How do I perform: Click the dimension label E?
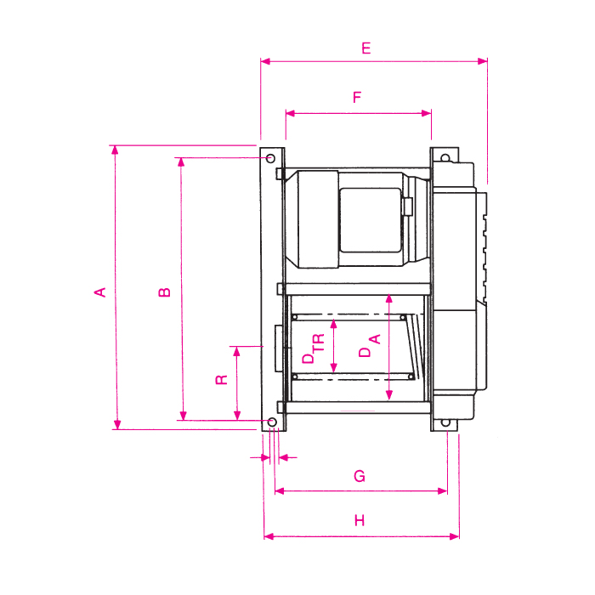[365, 48]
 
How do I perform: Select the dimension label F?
[357, 98]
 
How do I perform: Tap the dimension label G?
[360, 477]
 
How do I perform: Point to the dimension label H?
[360, 521]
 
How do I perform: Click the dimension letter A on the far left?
[100, 292]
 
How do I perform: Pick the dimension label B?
[166, 292]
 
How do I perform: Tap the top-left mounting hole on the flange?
[269, 159]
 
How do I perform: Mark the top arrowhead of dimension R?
[237, 350]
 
